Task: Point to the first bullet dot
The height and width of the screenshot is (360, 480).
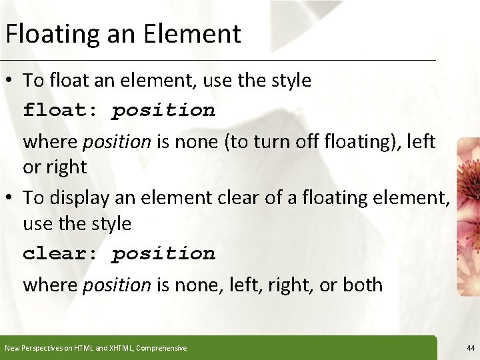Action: click(x=12, y=81)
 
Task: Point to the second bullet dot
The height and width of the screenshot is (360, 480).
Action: click(x=12, y=198)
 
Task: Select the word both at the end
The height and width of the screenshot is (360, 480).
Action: click(x=363, y=285)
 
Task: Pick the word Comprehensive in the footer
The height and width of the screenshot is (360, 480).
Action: click(x=161, y=348)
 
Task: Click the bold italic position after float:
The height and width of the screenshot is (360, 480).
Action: click(x=163, y=110)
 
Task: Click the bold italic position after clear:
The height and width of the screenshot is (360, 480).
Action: click(x=163, y=254)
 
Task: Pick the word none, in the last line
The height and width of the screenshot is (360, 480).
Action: click(x=193, y=285)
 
